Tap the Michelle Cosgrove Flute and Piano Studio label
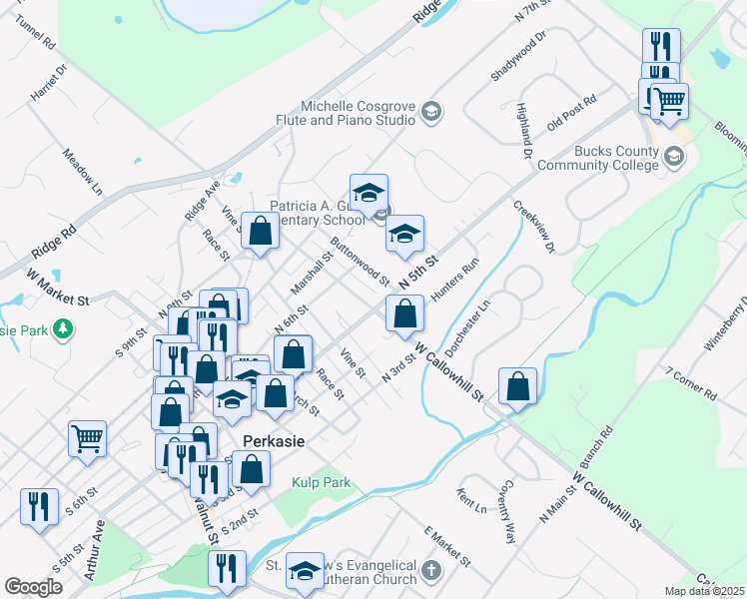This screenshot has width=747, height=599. (359, 113)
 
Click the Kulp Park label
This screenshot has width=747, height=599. (322, 482)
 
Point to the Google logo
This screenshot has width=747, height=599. (33, 587)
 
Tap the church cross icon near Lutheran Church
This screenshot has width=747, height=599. (430, 571)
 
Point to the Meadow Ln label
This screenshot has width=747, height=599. (83, 172)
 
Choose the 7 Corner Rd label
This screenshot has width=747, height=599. (690, 382)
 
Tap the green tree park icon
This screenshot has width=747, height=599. (63, 327)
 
